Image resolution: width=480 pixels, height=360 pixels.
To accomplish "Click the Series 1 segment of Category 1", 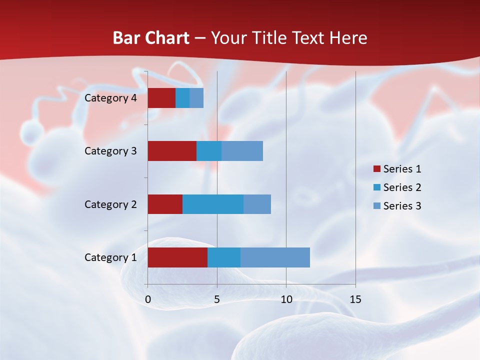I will [177, 257].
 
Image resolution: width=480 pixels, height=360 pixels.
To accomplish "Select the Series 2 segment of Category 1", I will [224, 257].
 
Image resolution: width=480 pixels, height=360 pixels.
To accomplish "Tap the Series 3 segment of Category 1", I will [275, 257].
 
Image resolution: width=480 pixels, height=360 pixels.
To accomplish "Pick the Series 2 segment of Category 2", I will [213, 204].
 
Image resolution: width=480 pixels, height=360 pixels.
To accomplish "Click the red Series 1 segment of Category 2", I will [165, 204].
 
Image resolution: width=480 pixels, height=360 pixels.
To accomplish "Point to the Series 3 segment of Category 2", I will [257, 204].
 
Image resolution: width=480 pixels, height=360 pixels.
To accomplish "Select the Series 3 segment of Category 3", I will [242, 151].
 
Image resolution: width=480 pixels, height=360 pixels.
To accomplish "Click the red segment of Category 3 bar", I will [172, 151].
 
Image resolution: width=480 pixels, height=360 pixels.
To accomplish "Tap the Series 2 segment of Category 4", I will [182, 98].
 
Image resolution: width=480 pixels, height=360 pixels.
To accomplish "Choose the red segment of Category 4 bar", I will [161, 98].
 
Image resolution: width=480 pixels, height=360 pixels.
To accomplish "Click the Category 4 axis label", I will [110, 98].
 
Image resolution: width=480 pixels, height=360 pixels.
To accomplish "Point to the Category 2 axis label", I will [110, 204].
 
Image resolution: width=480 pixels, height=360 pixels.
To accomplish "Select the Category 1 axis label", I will [110, 257].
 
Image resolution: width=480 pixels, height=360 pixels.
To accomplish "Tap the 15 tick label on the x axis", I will [355, 299].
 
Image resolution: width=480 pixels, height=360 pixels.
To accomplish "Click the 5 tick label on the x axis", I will [217, 299].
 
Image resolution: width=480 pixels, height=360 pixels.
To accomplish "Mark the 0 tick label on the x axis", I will [148, 299].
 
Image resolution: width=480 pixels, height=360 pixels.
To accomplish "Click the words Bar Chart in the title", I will [151, 38].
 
